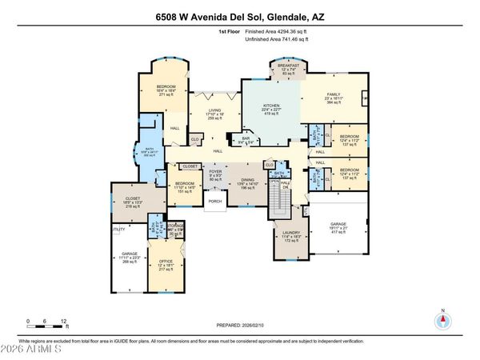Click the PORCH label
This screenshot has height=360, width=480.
[214, 202]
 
